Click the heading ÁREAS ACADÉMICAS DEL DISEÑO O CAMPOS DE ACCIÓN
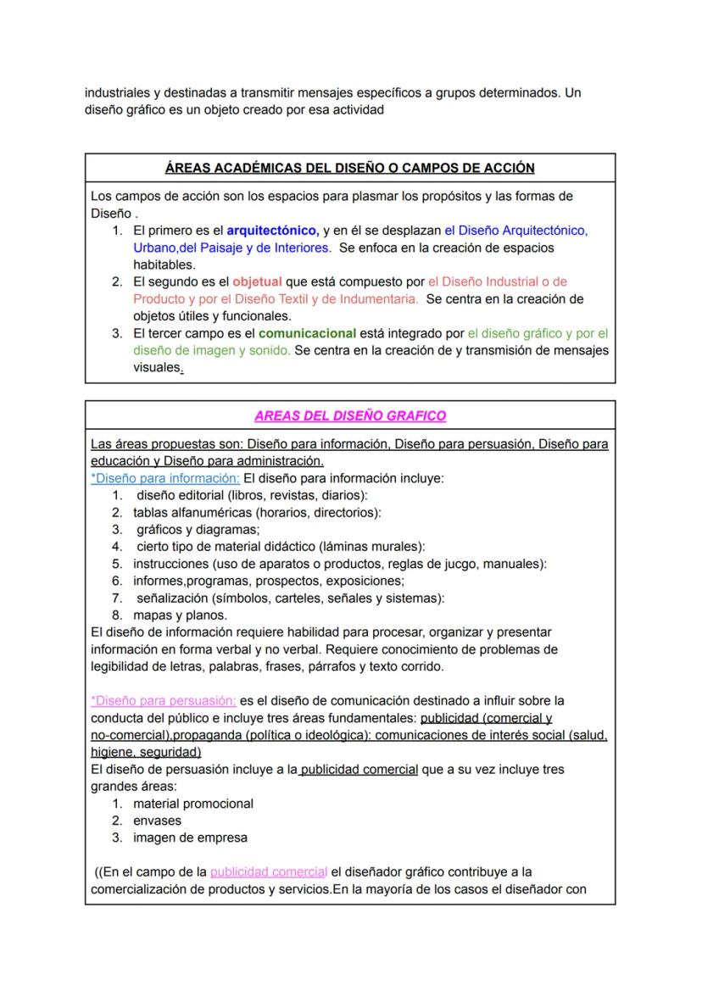[349, 168]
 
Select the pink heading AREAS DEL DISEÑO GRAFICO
[349, 415]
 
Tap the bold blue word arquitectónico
[272, 230]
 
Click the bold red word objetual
[257, 281]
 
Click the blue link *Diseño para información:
[165, 478]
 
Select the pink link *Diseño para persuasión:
[164, 701]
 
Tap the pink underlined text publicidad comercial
[269, 872]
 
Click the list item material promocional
[193, 804]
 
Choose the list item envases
[157, 821]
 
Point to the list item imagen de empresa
[190, 838]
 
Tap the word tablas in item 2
[151, 512]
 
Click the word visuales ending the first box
[156, 368]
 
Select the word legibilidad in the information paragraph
[121, 666]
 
